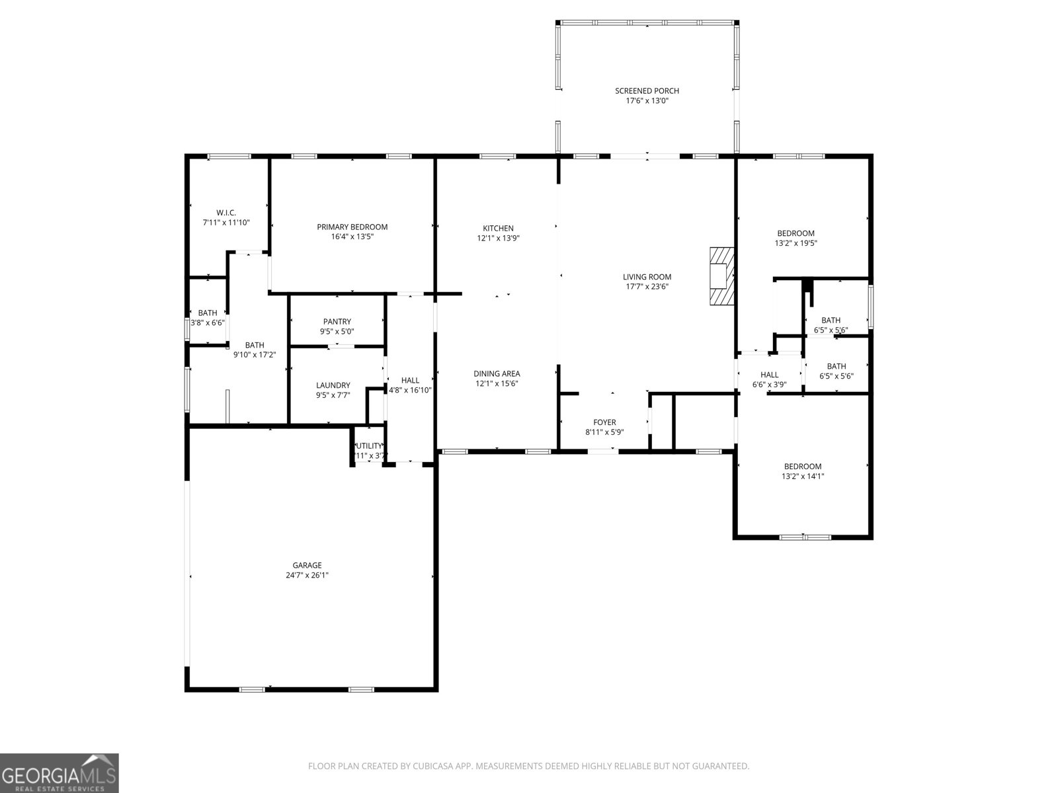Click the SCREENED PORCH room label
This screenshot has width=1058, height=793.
647,91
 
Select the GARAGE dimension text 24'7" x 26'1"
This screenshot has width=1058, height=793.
307,576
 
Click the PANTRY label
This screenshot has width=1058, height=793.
337,322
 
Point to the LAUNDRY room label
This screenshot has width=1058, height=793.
333,385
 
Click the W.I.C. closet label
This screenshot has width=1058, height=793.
226,213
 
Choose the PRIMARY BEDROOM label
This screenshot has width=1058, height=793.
352,227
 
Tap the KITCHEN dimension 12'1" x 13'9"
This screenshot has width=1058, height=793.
498,239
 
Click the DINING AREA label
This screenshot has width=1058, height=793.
497,373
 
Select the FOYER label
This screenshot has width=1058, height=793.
604,422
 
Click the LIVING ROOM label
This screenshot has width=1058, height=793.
647,278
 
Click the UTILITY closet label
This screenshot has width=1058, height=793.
369,446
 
